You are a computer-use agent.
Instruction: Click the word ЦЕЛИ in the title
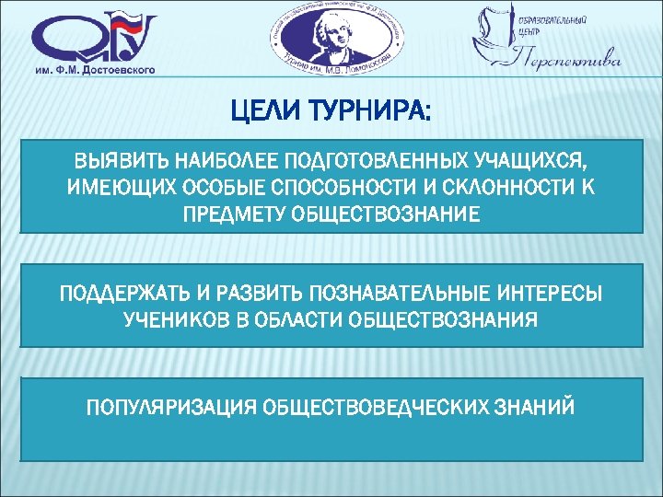(x=265, y=112)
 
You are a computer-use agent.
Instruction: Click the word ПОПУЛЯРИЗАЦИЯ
(x=170, y=406)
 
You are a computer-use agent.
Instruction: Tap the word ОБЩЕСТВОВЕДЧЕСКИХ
(x=387, y=406)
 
